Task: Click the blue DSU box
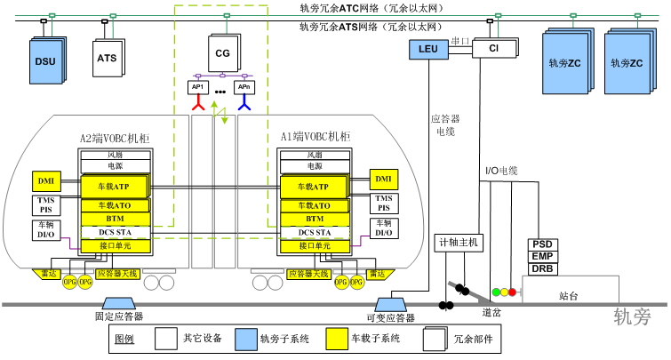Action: tap(44, 60)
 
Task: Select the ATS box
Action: tap(106, 59)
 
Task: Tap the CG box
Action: tap(222, 53)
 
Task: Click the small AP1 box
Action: tap(199, 87)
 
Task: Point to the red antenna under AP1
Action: tap(199, 106)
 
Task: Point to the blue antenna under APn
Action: tap(243, 106)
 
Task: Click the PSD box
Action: tap(542, 244)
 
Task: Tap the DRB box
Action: tap(542, 268)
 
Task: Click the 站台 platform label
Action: tap(569, 295)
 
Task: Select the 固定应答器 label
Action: tap(119, 316)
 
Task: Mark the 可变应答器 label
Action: tap(390, 316)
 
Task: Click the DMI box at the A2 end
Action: tap(45, 181)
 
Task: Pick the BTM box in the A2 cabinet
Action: tap(116, 219)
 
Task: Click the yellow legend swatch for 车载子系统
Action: tap(339, 339)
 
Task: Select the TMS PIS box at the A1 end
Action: tap(383, 204)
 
